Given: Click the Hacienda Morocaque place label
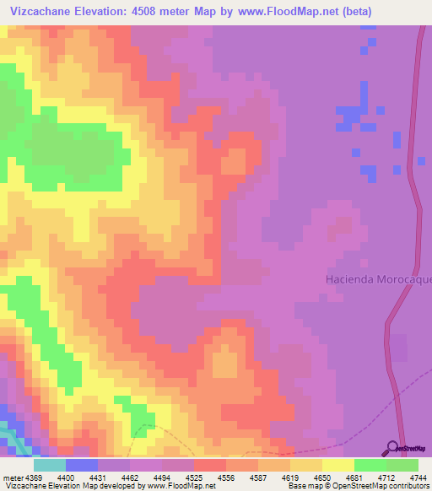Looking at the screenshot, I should coord(378,279).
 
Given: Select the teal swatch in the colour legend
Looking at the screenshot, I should coord(49,465).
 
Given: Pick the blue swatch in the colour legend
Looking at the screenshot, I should coord(81,465).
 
